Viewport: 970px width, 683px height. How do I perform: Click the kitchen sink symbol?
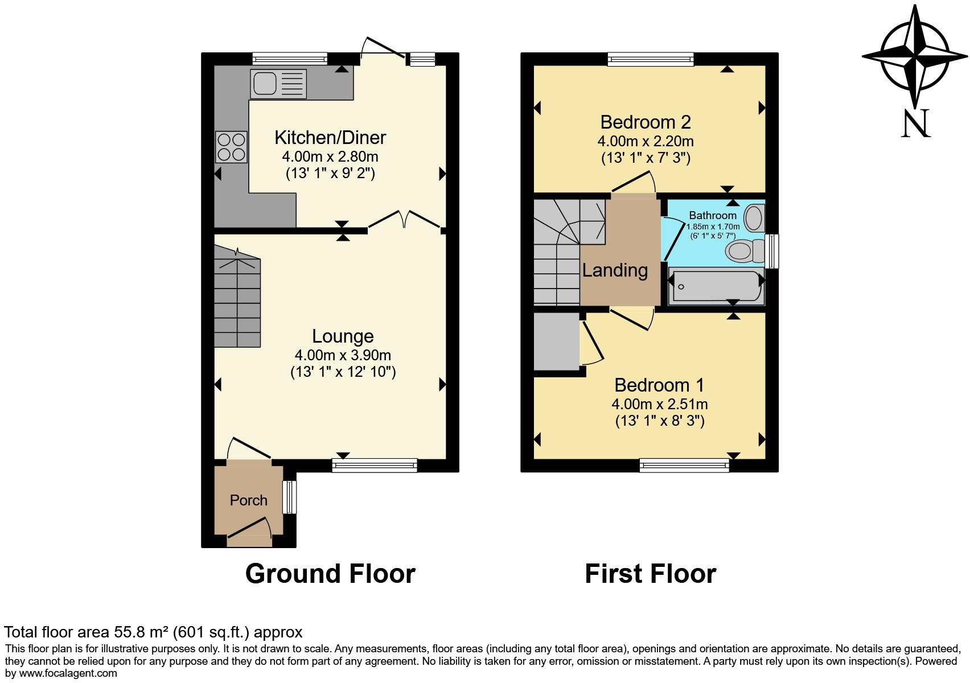(x=278, y=84)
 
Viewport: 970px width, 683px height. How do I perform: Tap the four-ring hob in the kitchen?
(x=231, y=147)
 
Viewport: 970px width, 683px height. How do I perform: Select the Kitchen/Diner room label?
(x=330, y=137)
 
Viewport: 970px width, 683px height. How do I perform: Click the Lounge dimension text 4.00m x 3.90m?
(x=343, y=355)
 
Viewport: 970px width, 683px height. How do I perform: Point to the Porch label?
(x=248, y=500)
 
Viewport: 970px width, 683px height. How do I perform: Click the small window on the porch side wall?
(x=290, y=497)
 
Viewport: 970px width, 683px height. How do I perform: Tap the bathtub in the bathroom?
(x=716, y=286)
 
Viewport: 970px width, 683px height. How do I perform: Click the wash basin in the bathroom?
(x=754, y=217)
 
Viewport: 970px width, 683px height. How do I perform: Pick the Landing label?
(x=615, y=270)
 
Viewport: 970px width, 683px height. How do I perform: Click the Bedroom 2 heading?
(x=646, y=122)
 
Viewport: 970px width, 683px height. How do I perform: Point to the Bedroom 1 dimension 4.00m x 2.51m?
(x=660, y=404)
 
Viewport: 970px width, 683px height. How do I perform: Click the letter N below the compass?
(x=915, y=124)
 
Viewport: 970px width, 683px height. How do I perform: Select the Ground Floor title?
(x=330, y=574)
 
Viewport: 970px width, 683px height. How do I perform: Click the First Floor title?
(x=650, y=574)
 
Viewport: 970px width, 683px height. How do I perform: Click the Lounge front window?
(x=375, y=466)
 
